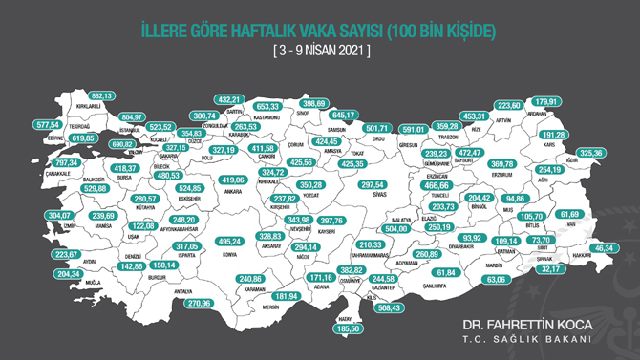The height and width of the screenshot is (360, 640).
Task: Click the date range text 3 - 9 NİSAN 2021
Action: [x=320, y=49]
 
